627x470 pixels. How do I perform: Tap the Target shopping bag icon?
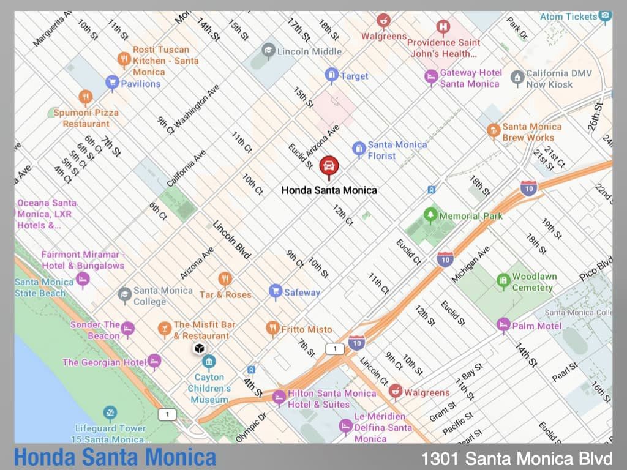click(x=331, y=75)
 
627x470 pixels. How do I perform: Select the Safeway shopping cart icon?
click(x=276, y=291)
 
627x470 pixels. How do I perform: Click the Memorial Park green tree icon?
click(x=430, y=215)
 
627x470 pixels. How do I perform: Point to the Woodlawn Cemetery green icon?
click(x=503, y=281)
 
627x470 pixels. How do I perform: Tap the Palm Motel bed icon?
click(x=503, y=324)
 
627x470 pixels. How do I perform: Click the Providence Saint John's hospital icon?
click(x=443, y=27)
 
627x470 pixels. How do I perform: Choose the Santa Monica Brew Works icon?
click(x=494, y=130)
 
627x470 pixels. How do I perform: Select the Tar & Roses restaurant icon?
click(x=225, y=279)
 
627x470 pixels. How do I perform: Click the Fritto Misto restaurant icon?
click(x=273, y=329)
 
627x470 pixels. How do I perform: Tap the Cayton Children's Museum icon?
click(x=209, y=362)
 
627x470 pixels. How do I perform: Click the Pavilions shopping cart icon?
click(x=111, y=83)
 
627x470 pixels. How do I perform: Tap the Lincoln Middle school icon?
click(x=268, y=50)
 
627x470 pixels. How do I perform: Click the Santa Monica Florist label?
click(x=397, y=150)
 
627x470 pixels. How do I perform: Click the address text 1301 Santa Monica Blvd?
click(x=516, y=458)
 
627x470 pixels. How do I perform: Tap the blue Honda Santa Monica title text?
click(x=115, y=457)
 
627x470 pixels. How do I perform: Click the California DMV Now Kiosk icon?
click(x=517, y=77)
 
